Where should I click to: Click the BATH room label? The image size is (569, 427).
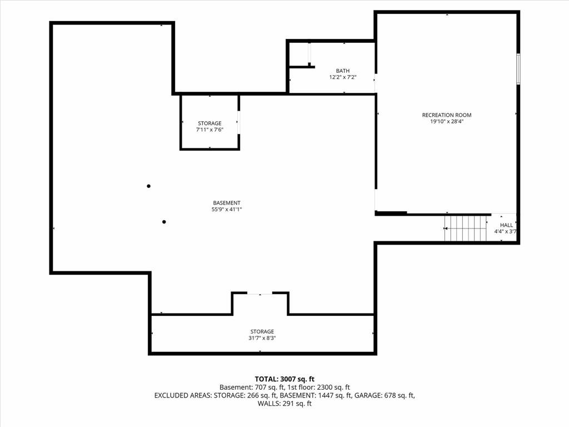click(342, 71)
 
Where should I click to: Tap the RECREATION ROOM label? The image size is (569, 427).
click(447, 115)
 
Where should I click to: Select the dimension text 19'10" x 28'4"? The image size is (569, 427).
click(447, 122)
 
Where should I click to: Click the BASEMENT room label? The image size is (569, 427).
click(227, 203)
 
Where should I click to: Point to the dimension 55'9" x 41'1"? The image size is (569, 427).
click(227, 210)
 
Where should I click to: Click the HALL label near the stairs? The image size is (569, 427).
click(506, 225)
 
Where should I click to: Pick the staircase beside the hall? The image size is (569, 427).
click(466, 228)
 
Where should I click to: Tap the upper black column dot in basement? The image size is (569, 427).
click(148, 186)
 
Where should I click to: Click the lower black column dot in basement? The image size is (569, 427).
click(164, 222)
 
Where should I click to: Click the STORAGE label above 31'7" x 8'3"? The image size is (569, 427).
click(262, 331)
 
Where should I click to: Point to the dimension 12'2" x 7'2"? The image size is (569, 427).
click(342, 77)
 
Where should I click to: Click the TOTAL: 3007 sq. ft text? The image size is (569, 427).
click(284, 379)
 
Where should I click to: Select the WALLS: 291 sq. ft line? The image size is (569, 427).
click(284, 404)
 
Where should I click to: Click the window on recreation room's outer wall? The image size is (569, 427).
click(518, 69)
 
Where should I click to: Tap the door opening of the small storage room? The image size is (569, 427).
click(238, 122)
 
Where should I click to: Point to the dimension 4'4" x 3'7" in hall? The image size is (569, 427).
click(505, 231)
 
